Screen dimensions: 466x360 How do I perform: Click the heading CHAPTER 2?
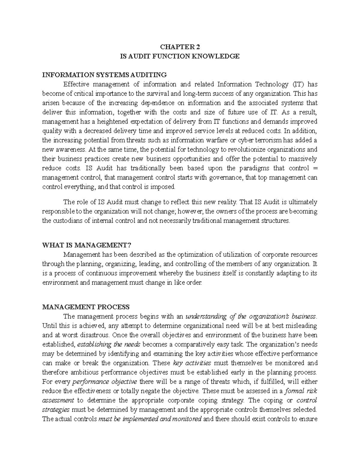[180, 47]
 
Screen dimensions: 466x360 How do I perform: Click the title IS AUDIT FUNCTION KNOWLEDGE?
[180, 56]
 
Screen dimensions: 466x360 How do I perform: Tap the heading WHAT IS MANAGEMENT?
[87, 245]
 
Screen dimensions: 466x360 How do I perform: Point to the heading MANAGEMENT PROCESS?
[86, 307]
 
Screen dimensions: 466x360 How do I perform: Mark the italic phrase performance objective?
[105, 382]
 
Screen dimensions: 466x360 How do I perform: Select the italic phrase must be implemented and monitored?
[150, 419]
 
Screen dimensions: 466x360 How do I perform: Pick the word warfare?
[209, 140]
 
